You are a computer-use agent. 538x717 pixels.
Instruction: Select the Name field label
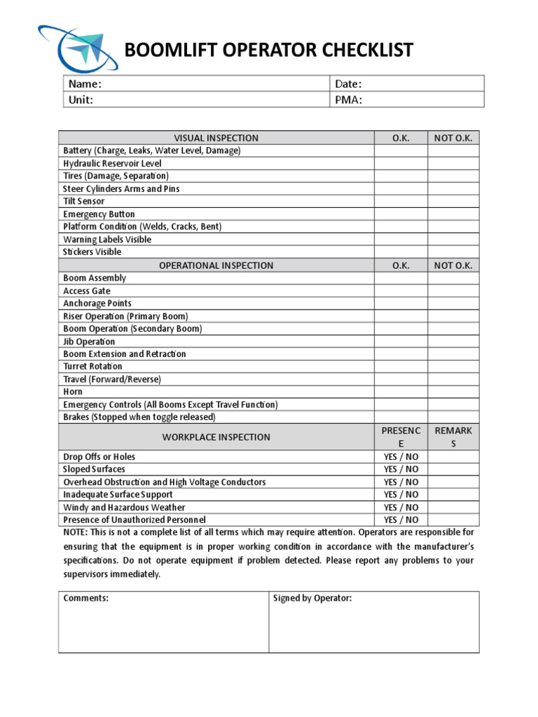(x=85, y=84)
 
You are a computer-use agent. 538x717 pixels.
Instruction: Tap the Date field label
(x=348, y=84)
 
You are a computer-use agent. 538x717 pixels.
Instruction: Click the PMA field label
(x=348, y=99)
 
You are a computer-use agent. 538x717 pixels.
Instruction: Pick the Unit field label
(x=81, y=99)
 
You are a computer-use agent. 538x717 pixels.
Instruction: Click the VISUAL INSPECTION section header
(x=216, y=138)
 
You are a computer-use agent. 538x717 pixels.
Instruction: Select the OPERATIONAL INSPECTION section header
(x=216, y=265)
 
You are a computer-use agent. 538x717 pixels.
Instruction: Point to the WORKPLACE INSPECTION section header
(x=216, y=437)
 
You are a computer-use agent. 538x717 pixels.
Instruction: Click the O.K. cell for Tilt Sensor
(x=401, y=202)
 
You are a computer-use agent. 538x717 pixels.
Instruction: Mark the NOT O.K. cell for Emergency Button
(x=453, y=214)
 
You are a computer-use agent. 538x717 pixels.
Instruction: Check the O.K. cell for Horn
(x=401, y=392)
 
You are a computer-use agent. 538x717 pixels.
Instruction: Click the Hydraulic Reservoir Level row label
(x=112, y=163)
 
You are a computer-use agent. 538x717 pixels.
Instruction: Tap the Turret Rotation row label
(x=92, y=366)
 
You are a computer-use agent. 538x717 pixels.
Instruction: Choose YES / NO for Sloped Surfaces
(x=401, y=469)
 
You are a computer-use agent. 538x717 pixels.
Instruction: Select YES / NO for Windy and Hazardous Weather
(x=401, y=507)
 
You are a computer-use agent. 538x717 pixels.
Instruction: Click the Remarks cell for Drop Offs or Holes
(x=453, y=457)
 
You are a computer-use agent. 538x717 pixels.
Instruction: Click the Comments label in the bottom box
(x=85, y=598)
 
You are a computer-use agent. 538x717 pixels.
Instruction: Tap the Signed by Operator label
(x=312, y=598)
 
